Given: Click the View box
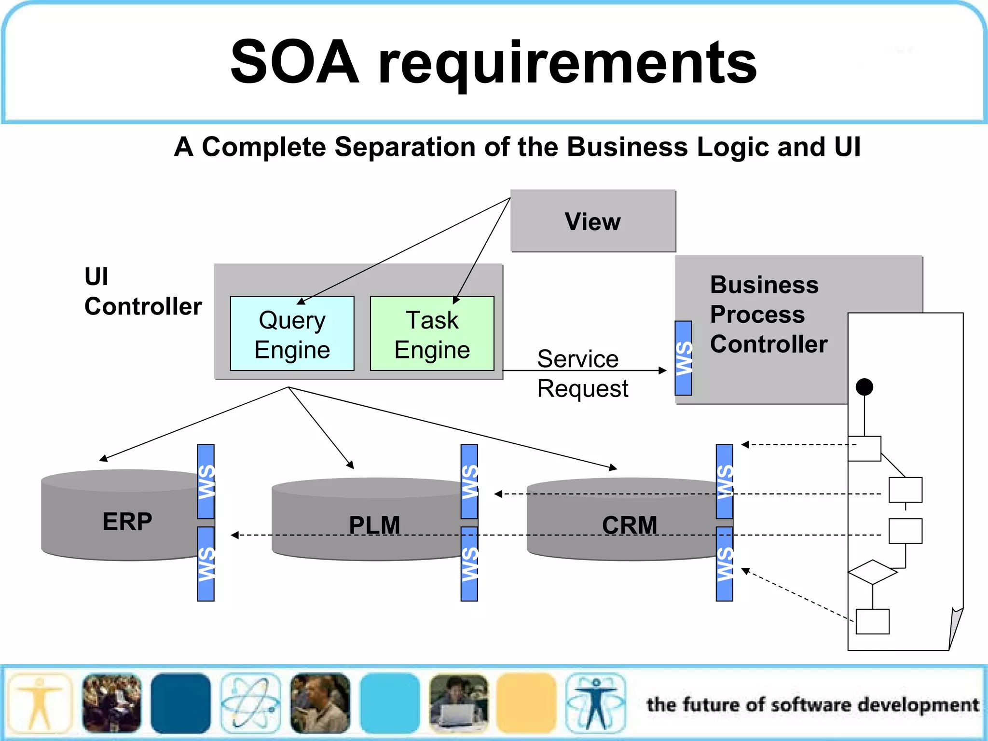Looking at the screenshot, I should [593, 221].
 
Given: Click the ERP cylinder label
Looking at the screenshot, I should [127, 521].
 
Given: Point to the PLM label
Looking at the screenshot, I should [374, 525].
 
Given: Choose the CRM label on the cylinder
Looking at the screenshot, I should [630, 525].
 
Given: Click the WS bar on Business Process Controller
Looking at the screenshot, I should [683, 358].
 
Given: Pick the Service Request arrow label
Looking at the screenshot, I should [582, 373].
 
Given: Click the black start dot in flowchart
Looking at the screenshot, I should [864, 387].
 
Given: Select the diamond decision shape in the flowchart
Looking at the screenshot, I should [872, 572].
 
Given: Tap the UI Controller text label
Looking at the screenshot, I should [142, 291].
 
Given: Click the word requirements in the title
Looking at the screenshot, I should [567, 63].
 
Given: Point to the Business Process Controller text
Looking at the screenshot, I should [768, 314].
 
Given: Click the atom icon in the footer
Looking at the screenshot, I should [250, 703].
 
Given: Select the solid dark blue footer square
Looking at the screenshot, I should [180, 703].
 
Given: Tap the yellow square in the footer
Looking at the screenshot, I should [526, 703].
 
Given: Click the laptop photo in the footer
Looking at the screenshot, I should [458, 703].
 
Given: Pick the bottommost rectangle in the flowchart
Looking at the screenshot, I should [872, 621].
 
